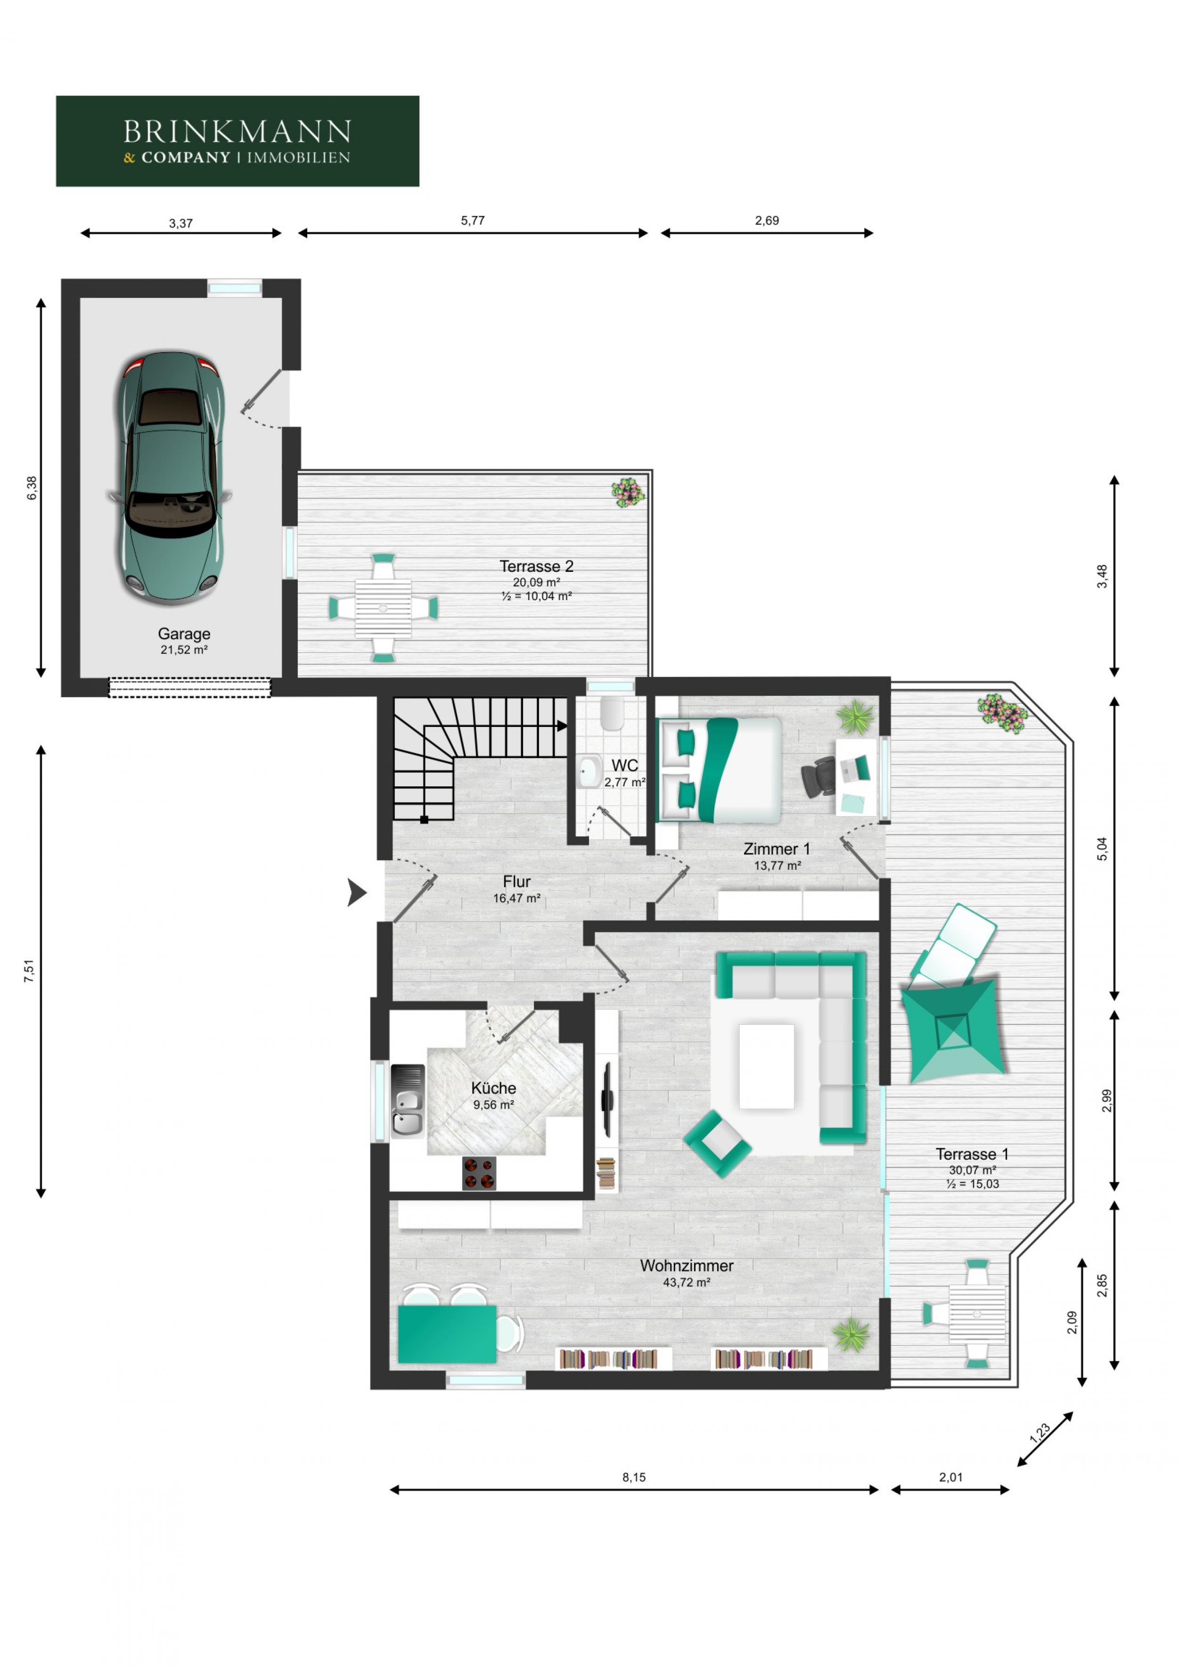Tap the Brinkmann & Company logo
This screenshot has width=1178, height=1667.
click(237, 141)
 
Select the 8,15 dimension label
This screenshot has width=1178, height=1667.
click(634, 1477)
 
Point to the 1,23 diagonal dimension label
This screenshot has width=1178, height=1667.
click(1039, 1433)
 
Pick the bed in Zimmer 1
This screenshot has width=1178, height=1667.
click(719, 769)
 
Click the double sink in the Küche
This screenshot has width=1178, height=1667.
click(407, 1100)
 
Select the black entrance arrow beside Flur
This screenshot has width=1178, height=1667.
click(356, 892)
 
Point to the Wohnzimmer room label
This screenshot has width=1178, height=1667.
click(687, 1265)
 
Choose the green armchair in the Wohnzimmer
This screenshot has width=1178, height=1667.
click(717, 1144)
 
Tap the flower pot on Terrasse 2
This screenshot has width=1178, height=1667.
click(628, 492)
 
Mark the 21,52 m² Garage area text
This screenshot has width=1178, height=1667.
click(184, 650)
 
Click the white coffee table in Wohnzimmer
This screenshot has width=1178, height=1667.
click(767, 1066)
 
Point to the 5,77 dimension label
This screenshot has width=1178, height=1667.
click(473, 221)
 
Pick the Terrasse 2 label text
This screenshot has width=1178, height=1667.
click(536, 566)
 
